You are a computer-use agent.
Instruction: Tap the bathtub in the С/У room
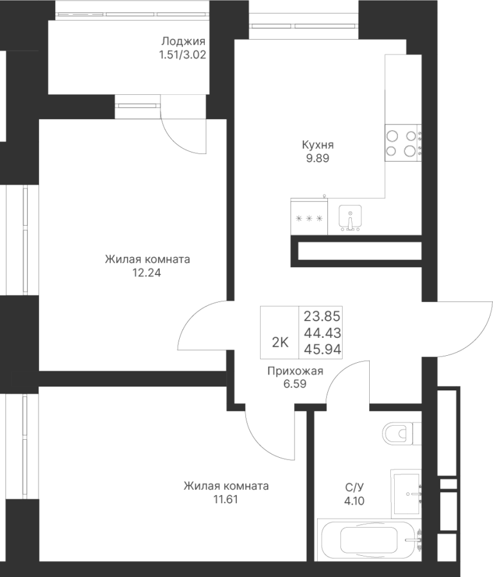tap(370, 541)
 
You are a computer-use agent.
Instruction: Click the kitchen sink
tap(350, 217)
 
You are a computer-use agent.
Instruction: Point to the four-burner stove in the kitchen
tap(403, 143)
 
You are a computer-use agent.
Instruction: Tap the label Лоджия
tap(183, 41)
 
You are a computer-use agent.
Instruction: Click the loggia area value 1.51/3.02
tap(182, 55)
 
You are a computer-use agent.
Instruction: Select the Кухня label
tap(318, 145)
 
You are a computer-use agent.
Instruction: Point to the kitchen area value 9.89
tap(318, 158)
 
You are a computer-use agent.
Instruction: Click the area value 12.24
tap(147, 272)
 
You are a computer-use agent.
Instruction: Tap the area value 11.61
tap(225, 499)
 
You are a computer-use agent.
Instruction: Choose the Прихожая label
tap(295, 371)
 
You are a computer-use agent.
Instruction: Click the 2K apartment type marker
tap(280, 342)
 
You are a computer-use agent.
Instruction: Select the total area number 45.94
tap(322, 349)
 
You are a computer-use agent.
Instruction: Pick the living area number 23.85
tap(322, 316)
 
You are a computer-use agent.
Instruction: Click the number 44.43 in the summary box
tap(322, 333)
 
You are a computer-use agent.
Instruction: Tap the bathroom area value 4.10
tap(354, 501)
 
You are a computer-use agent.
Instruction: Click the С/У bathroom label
tap(354, 487)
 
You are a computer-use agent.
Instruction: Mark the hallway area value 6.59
tap(295, 384)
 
